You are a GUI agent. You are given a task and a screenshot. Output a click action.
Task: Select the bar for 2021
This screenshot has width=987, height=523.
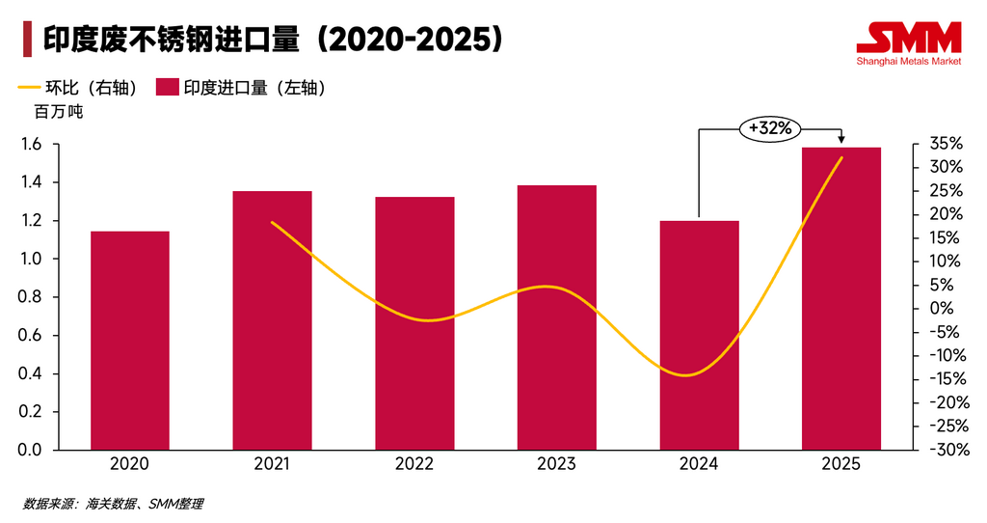point(272,320)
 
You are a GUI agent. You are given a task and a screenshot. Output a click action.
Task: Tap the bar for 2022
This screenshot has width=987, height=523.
point(414,323)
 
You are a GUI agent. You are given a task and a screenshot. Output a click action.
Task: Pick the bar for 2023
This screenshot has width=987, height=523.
point(557,317)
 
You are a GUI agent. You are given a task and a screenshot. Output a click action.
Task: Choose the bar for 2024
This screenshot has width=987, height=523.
point(699,336)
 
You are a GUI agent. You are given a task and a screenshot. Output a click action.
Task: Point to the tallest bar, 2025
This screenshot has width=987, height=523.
point(841,298)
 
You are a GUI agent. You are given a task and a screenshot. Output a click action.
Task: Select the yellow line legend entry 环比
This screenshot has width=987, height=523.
point(77,88)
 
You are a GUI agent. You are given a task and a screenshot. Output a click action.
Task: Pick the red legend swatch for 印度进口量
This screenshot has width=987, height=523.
point(167,88)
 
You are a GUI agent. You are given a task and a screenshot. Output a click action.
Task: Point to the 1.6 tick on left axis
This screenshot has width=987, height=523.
point(32,145)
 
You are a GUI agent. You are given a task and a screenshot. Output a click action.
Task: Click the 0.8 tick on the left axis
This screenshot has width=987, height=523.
point(32,297)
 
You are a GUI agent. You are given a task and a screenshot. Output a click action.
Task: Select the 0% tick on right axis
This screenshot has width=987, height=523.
point(940,309)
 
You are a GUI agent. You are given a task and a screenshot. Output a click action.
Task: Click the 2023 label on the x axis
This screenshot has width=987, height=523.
point(557,464)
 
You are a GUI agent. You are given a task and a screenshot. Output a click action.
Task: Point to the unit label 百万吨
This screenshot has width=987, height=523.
point(59,113)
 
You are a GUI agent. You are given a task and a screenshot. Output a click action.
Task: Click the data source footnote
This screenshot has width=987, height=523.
point(114,504)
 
